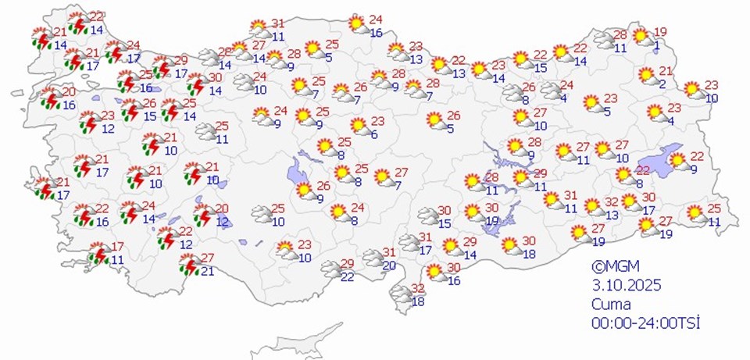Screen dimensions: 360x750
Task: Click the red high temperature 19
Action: tap(660, 32)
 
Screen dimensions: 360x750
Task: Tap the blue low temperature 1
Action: tap(658, 45)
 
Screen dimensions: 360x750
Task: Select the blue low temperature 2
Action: tap(662, 84)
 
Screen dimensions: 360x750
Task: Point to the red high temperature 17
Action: tap(117, 246)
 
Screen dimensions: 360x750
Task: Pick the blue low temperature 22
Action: tap(348, 276)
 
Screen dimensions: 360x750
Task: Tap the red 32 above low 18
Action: tap(418, 288)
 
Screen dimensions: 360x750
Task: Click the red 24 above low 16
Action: tap(376, 20)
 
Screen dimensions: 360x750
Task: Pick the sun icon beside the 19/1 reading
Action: tap(642, 37)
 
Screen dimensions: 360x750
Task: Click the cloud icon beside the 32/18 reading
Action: tap(399, 294)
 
